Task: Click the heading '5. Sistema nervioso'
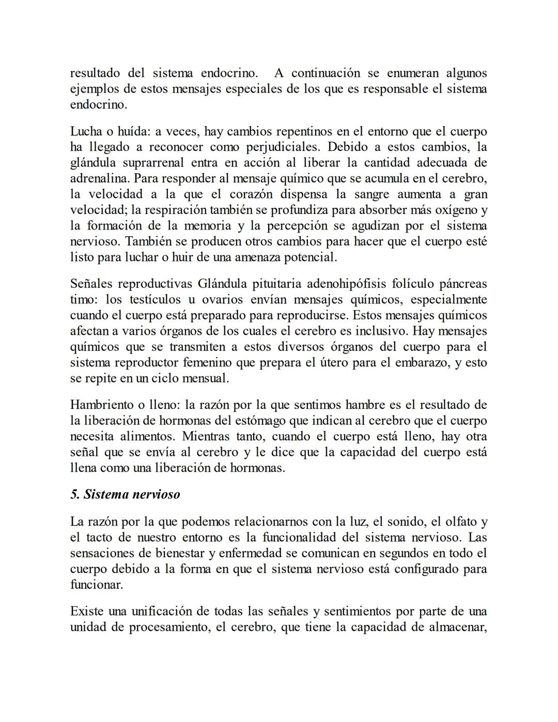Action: point(125,495)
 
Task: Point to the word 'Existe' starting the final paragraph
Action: point(87,611)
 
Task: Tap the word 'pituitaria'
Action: point(277,284)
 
